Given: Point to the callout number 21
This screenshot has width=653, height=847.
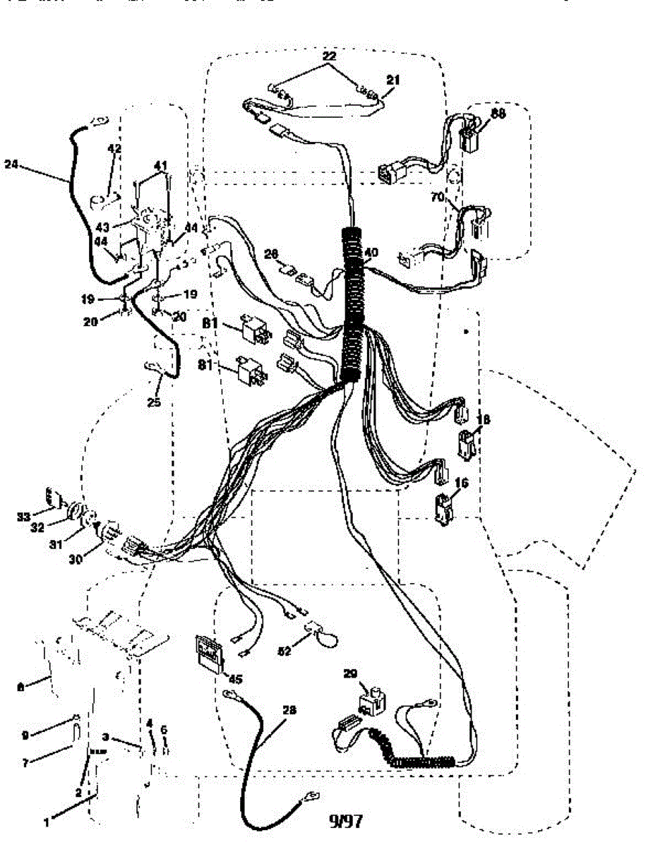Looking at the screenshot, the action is (392, 80).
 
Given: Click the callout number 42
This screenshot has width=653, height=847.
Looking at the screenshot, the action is (114, 149).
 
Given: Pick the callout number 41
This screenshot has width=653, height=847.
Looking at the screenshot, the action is (162, 166).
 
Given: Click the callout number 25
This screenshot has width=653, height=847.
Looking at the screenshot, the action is (154, 403).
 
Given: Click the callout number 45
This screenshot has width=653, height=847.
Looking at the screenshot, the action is (235, 680).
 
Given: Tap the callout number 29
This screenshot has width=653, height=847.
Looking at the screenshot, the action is (351, 673).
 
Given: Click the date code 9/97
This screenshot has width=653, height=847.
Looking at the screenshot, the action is (347, 820).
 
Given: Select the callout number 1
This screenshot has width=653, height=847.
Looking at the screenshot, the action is (47, 822).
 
